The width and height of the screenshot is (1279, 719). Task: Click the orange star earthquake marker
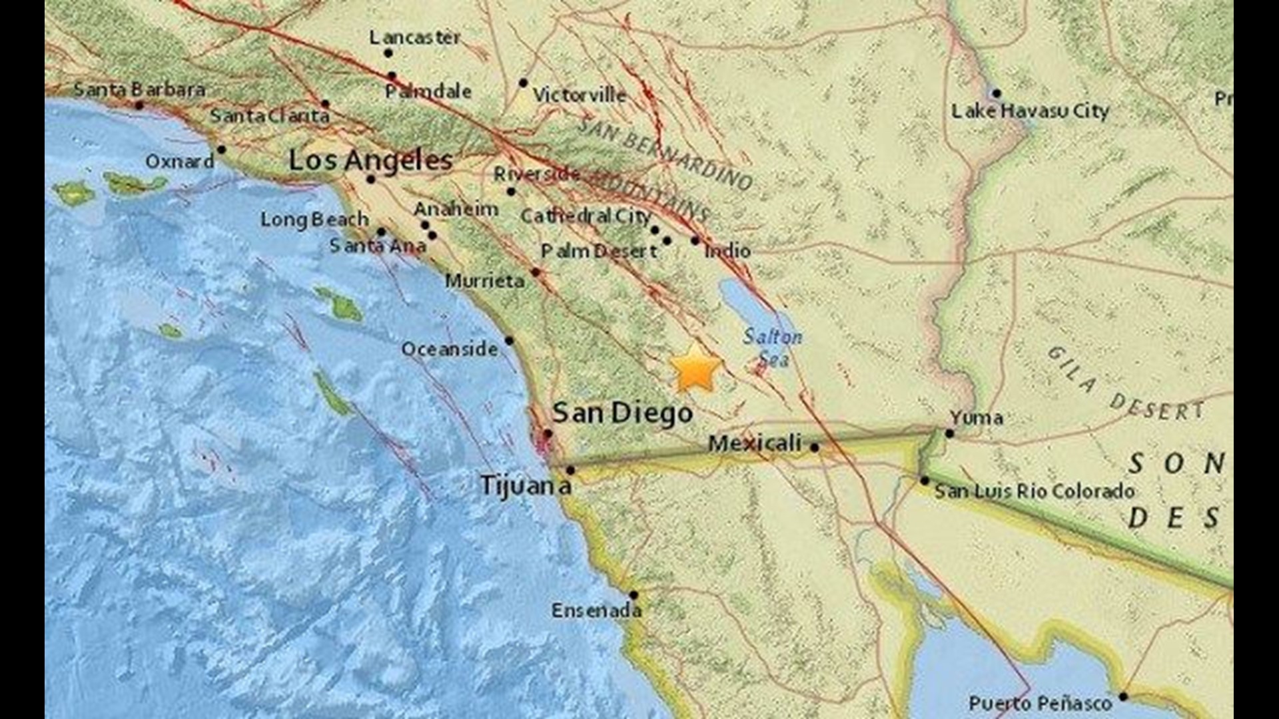[695, 368]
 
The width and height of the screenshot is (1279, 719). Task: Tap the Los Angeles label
[370, 160]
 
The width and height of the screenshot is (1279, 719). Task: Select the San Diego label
[622, 413]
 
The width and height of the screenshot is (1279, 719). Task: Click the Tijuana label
[525, 485]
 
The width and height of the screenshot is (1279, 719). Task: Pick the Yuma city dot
[949, 433]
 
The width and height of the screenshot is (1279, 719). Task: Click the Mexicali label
[754, 443]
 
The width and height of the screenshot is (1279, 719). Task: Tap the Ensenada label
[596, 610]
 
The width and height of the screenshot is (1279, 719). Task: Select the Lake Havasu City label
[1030, 111]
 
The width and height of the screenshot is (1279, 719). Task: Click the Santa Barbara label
[139, 89]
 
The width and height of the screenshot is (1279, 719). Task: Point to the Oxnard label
[180, 162]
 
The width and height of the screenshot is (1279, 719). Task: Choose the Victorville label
[579, 95]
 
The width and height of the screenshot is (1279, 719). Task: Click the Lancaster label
[414, 38]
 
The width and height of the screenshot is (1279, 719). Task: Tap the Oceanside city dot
[509, 341]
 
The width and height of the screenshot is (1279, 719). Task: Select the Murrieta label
[484, 281]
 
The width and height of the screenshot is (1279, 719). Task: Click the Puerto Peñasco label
[1040, 703]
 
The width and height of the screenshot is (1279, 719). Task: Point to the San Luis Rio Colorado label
[1035, 491]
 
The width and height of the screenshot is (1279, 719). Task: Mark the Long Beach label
[314, 219]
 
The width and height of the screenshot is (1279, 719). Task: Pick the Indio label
[727, 251]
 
